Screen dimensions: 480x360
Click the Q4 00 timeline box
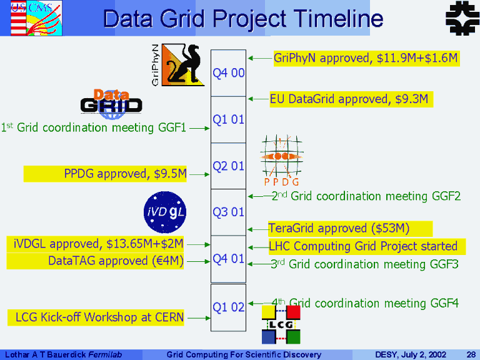point(228,73)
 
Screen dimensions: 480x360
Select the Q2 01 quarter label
point(228,166)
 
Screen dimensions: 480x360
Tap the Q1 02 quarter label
point(228,307)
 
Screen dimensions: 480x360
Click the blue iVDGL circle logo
point(165,212)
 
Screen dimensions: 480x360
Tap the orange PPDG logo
point(282,160)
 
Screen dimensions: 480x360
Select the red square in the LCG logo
point(293,312)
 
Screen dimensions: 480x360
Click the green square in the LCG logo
point(293,337)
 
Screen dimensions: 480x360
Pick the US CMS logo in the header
point(36,18)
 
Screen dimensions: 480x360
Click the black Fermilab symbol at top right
point(462,17)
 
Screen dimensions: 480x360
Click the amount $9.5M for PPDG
point(170,174)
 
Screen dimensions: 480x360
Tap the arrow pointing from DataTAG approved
point(198,262)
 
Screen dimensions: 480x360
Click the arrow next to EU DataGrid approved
point(259,99)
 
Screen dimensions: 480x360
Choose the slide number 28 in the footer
point(471,354)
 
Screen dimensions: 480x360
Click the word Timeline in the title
point(339,18)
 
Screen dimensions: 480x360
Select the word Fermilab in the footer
point(105,354)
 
